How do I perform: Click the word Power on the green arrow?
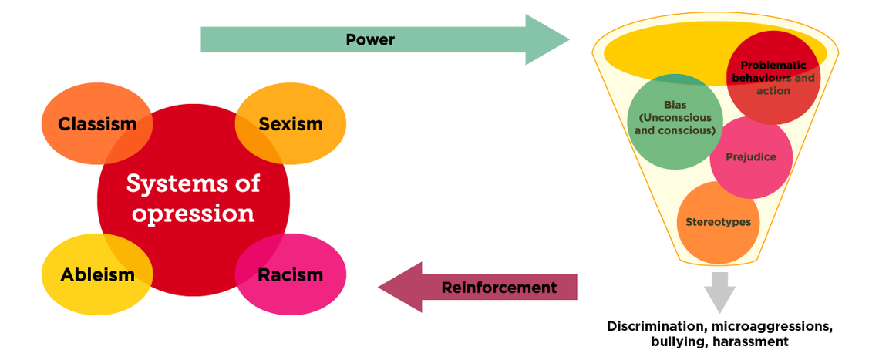[x=370, y=40]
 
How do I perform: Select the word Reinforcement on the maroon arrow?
[x=499, y=288]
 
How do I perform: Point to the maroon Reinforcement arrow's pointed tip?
[x=381, y=288]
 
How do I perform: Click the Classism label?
[x=97, y=124]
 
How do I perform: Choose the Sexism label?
[x=291, y=124]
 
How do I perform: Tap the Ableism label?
[x=98, y=274]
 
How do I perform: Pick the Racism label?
[x=291, y=274]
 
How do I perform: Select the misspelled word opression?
[x=193, y=212]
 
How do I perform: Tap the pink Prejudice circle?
[x=751, y=158]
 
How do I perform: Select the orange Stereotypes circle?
[x=718, y=223]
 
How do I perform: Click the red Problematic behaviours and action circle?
[x=773, y=78]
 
